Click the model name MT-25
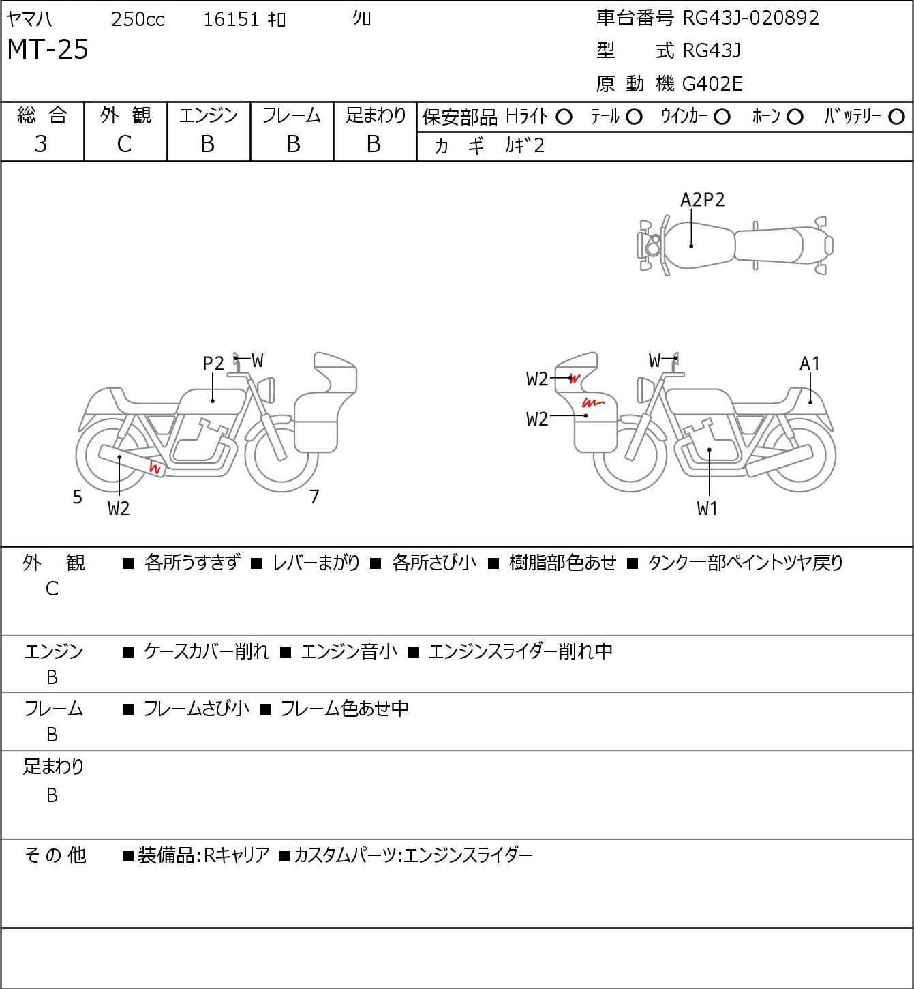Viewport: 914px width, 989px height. tap(48, 50)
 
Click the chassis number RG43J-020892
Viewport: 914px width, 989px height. tap(750, 18)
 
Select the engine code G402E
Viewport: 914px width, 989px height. tap(712, 84)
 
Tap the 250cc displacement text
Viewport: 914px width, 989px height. tap(138, 20)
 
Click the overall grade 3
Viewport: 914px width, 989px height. tap(41, 144)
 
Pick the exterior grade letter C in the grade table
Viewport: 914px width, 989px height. tap(124, 144)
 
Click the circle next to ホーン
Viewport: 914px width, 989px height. tap(795, 117)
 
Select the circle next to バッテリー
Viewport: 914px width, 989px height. tap(897, 117)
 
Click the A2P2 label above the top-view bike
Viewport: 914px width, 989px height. tap(702, 200)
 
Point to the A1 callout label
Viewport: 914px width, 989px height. tap(809, 364)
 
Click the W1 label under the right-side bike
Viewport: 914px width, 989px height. tap(707, 508)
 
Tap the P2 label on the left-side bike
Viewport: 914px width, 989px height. tap(213, 364)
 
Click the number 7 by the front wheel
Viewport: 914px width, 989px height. tap(314, 497)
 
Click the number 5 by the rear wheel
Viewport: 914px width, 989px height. tap(78, 497)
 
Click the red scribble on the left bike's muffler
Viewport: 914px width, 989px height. tap(155, 468)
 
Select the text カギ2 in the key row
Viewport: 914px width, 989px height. tap(525, 146)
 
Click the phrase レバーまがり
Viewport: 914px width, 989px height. tap(316, 563)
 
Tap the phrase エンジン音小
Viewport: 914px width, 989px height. tap(349, 651)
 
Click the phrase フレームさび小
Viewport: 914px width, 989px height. tap(196, 709)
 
